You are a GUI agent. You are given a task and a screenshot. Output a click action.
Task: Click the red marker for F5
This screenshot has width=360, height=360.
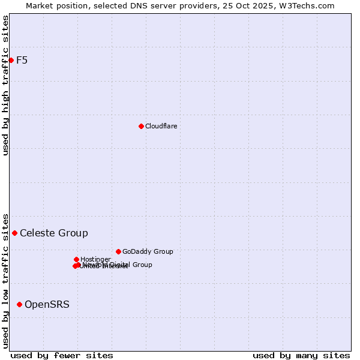(11, 60)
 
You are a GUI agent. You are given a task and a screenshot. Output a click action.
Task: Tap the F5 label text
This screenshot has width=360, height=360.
(22, 60)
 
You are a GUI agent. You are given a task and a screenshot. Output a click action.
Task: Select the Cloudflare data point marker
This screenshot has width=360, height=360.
(141, 126)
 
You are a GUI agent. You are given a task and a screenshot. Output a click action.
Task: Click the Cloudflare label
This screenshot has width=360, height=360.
(161, 126)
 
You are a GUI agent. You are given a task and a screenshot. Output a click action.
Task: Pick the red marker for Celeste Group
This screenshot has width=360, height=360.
(14, 233)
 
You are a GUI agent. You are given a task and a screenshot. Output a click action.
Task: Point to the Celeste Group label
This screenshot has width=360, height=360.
(53, 233)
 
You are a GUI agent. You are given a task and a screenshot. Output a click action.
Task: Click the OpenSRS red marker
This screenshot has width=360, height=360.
(19, 304)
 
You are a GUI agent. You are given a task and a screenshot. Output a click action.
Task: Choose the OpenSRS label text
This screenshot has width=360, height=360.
(47, 304)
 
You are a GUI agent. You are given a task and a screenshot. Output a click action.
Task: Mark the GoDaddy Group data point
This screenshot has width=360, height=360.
(118, 251)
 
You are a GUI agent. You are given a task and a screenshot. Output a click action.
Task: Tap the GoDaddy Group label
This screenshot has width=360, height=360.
(148, 251)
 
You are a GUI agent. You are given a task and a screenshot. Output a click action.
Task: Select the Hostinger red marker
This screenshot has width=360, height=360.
(76, 259)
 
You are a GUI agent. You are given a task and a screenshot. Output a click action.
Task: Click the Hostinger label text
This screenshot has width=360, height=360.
(95, 259)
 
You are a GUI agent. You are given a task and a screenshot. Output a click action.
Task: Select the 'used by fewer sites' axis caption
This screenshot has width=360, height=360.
(62, 355)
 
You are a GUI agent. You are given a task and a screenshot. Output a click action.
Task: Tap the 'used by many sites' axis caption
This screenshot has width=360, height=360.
(301, 355)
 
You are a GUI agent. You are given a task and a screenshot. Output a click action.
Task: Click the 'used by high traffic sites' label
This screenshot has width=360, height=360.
(5, 85)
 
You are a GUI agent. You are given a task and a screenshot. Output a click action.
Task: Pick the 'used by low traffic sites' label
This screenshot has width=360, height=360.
(5, 280)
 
